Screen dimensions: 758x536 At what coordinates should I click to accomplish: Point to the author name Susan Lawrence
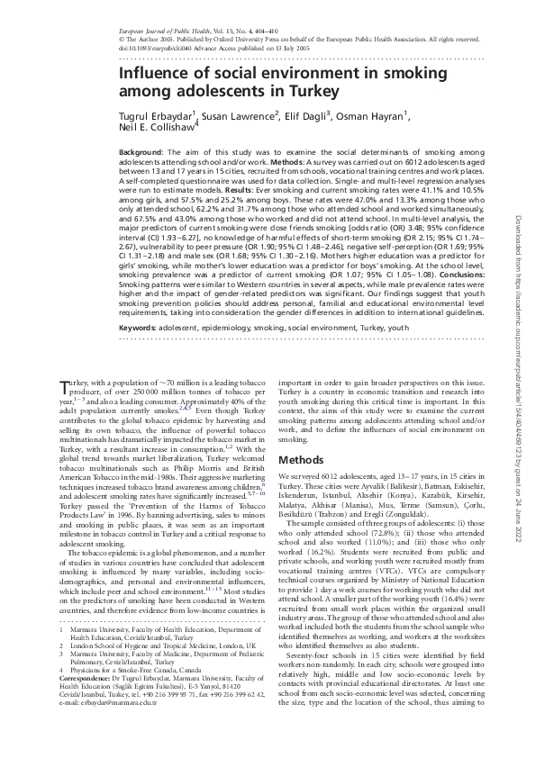tap(234, 117)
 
